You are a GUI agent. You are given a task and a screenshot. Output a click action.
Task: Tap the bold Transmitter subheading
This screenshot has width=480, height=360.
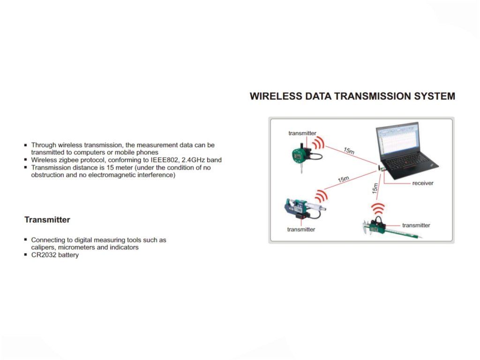[x=47, y=219]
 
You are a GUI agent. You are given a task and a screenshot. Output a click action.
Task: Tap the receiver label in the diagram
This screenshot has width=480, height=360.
[x=423, y=183]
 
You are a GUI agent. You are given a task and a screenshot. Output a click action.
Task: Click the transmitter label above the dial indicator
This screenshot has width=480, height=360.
[x=302, y=133]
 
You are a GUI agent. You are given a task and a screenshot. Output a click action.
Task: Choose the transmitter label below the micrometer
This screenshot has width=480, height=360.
[x=301, y=229]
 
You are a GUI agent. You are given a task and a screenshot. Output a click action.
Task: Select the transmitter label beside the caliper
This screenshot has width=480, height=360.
[x=416, y=225]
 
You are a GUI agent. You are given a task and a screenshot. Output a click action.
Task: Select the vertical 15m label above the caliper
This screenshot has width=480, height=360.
[x=375, y=189]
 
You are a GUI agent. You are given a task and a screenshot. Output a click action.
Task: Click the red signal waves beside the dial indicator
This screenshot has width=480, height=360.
[x=320, y=142]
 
